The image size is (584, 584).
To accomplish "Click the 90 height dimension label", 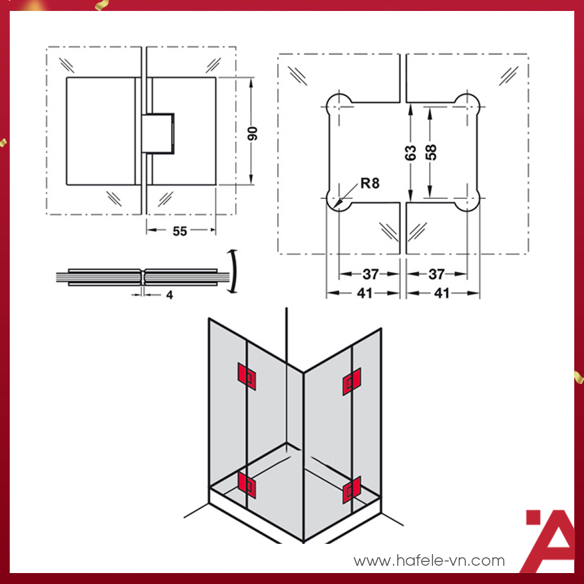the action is [x=252, y=134].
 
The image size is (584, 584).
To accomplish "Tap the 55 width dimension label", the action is [x=180, y=231].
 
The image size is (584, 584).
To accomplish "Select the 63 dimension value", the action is [x=411, y=153].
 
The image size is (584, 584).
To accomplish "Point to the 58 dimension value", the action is [x=431, y=152].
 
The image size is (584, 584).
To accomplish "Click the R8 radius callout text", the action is [x=370, y=183].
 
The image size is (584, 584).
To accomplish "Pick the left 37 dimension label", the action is [x=370, y=274].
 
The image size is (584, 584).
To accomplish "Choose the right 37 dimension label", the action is [x=437, y=274].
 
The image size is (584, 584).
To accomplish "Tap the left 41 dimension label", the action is [x=364, y=293].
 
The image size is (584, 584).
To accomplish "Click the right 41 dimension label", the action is [x=442, y=293].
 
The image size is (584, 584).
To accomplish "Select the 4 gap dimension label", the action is [x=170, y=296].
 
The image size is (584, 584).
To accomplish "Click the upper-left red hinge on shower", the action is [x=246, y=377].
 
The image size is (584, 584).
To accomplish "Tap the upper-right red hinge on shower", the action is [x=352, y=381].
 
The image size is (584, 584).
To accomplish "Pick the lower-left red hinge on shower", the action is [x=246, y=485].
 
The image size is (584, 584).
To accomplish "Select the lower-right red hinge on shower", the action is [x=352, y=490].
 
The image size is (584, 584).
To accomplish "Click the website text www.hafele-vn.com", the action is [x=429, y=561].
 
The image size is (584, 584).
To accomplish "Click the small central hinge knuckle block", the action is [x=158, y=134].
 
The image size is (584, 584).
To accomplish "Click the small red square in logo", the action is [x=533, y=517].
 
